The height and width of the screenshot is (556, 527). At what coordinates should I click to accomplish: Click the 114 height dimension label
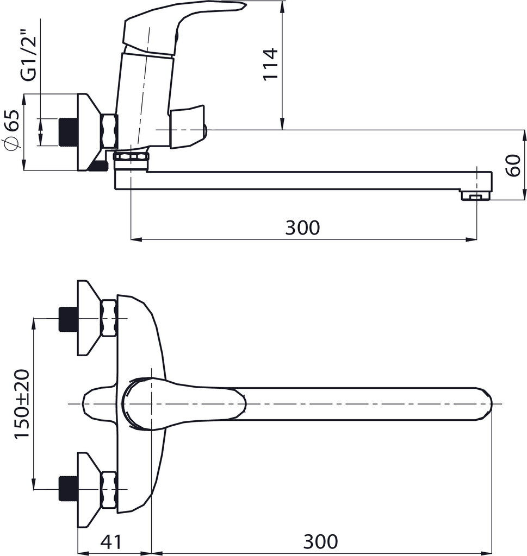(270, 64)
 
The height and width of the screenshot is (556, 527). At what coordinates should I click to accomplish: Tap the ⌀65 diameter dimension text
(12, 130)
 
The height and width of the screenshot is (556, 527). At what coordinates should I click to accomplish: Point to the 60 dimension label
(513, 166)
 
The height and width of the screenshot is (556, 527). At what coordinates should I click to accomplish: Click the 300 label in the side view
(302, 228)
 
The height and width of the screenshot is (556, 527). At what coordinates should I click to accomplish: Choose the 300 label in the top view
(321, 541)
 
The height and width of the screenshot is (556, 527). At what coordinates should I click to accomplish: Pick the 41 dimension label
(111, 541)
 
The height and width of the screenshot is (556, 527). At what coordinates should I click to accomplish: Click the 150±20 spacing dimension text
(22, 404)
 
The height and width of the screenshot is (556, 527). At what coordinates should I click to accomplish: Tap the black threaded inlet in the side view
(68, 131)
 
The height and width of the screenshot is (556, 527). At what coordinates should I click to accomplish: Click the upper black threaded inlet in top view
(68, 319)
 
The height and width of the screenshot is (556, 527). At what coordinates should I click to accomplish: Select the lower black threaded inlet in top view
(68, 489)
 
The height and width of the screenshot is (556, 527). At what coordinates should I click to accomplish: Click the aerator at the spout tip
(475, 196)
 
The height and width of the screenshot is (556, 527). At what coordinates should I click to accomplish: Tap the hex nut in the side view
(109, 131)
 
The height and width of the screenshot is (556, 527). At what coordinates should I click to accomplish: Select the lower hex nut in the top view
(109, 489)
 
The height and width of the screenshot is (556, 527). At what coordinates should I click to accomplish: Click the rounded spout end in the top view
(485, 404)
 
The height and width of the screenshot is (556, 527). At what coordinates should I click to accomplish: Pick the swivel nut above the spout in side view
(131, 158)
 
